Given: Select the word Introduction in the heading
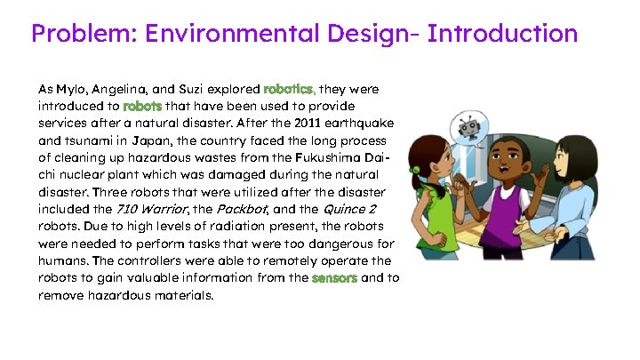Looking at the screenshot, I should [502, 35].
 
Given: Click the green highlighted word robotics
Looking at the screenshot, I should [289, 90].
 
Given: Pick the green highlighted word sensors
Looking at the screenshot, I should [334, 278].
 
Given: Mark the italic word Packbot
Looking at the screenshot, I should [241, 209].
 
